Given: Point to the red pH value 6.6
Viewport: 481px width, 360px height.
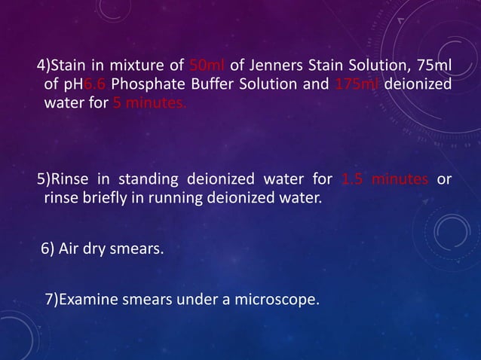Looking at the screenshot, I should click(95, 83).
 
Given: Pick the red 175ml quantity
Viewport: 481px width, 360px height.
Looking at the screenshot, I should click(357, 83).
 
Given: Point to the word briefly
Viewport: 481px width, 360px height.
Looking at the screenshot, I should click(107, 199).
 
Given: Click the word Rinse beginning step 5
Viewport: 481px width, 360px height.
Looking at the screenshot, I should click(69, 179).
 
